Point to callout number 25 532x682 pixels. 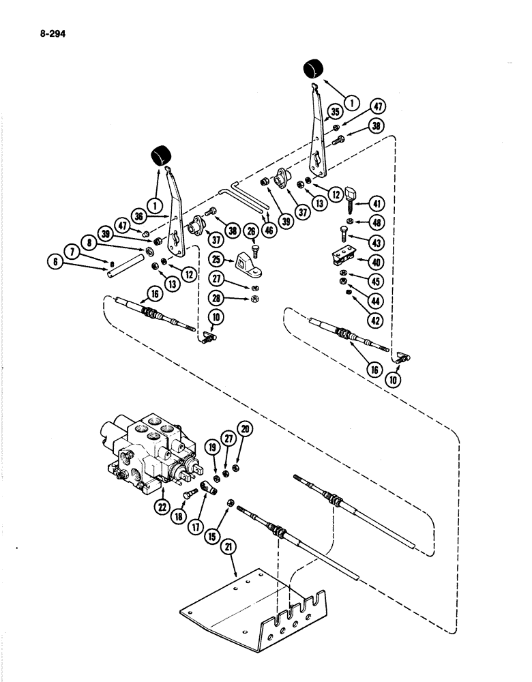[217, 260]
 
